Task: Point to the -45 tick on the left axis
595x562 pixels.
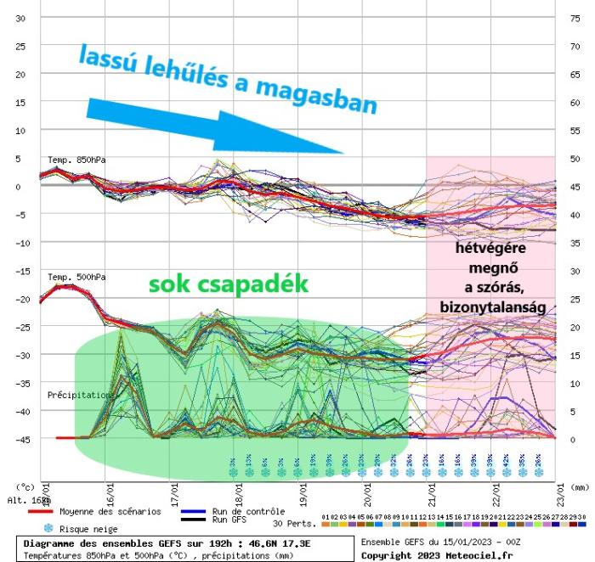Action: point(20,439)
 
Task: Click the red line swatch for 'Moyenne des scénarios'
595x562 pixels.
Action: point(42,512)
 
